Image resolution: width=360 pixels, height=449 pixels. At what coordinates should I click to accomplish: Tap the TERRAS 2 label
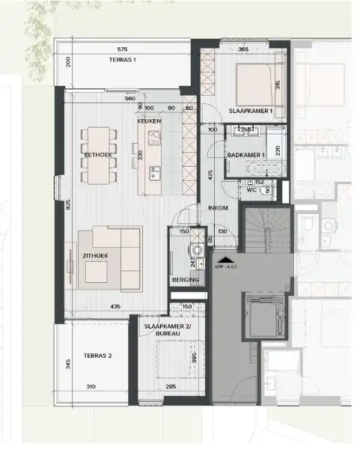[97, 355]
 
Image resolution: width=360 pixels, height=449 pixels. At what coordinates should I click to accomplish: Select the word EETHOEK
[97, 155]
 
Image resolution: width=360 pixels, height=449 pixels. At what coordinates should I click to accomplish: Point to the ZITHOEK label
[95, 256]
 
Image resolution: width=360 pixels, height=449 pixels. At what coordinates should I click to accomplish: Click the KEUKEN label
[149, 121]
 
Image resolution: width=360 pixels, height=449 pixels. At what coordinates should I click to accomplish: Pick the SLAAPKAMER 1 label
[250, 111]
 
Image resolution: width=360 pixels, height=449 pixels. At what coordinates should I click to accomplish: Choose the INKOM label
[217, 209]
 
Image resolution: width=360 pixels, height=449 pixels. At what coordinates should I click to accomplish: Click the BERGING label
[185, 280]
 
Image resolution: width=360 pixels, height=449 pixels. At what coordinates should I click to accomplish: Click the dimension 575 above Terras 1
[123, 49]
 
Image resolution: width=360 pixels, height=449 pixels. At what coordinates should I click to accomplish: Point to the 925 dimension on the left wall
[68, 205]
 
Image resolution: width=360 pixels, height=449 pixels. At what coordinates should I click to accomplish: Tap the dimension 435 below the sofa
[116, 307]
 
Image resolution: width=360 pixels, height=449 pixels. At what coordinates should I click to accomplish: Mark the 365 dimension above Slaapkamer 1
[242, 49]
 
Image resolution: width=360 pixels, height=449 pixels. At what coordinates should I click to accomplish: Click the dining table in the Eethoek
[100, 155]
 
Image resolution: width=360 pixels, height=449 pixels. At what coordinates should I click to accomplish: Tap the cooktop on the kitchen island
[154, 138]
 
